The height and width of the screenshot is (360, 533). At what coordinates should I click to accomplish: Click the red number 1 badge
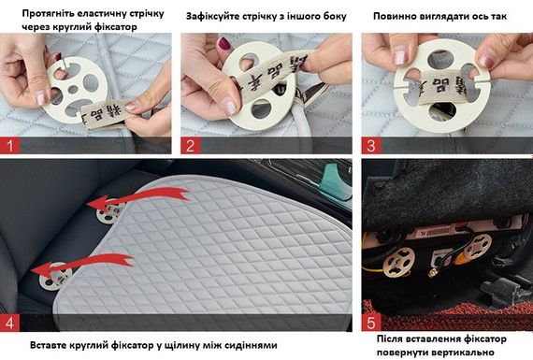coord(10,146)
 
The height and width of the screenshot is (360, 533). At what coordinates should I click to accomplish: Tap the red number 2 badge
coord(191,146)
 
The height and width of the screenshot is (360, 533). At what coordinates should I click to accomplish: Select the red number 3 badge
coord(371,146)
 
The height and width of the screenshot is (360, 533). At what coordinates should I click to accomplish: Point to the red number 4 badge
coord(10,323)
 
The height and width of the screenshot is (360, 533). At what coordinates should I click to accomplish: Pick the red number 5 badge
coord(371,323)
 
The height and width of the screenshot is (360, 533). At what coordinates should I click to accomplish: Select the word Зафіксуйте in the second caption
coord(211,16)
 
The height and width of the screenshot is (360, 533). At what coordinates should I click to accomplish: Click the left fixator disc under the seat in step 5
coord(398,262)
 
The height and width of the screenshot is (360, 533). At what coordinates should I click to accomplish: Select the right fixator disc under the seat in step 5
coord(479,246)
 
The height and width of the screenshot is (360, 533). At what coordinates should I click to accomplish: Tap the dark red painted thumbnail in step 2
coord(223,43)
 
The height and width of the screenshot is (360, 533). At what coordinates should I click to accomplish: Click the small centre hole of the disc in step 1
coord(73,90)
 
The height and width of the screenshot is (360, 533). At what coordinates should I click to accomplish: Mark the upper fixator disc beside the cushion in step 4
coord(108,212)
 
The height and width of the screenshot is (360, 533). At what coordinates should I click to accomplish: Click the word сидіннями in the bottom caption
coord(251,345)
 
